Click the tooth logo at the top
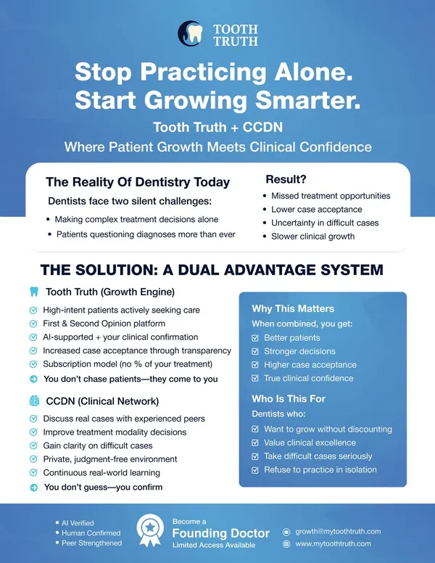coord(190,34)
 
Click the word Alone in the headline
coord(314,72)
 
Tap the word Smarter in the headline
coord(307,100)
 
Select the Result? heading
coord(286,179)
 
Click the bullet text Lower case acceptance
coord(317,210)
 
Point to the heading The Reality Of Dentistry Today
coord(138,182)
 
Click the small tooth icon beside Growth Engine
coord(34,292)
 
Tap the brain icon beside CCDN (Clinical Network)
coord(34,400)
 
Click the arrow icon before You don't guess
coord(34,488)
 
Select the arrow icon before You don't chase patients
coord(33,379)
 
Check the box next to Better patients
coord(255,338)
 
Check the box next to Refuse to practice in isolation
coord(255,470)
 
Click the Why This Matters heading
coord(293,309)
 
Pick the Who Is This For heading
coord(289,399)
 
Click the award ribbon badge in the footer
coord(150,530)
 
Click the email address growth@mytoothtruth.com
coord(338,531)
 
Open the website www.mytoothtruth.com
coord(333,544)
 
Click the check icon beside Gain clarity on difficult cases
coord(33,445)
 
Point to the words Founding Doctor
coord(220,533)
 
